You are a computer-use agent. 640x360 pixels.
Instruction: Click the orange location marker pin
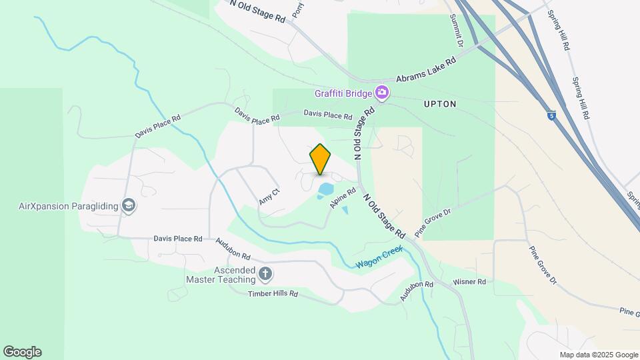click(x=321, y=159)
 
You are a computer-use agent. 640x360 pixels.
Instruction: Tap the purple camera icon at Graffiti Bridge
click(x=382, y=92)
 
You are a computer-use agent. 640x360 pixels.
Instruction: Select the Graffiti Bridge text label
click(x=343, y=93)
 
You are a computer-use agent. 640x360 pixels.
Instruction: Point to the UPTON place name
click(x=440, y=104)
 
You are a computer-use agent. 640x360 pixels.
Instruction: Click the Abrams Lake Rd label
click(x=425, y=70)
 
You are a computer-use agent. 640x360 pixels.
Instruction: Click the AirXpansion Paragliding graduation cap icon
click(x=129, y=205)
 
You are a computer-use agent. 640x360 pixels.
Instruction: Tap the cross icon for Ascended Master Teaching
click(x=265, y=274)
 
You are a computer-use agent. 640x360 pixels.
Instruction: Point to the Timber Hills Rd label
click(x=273, y=294)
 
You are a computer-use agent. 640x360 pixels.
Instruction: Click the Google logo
click(x=21, y=352)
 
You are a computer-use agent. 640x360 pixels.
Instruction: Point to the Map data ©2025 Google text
click(x=599, y=355)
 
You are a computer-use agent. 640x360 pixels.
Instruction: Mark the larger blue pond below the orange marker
click(x=326, y=189)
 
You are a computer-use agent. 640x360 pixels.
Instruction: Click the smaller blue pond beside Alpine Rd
click(x=345, y=211)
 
